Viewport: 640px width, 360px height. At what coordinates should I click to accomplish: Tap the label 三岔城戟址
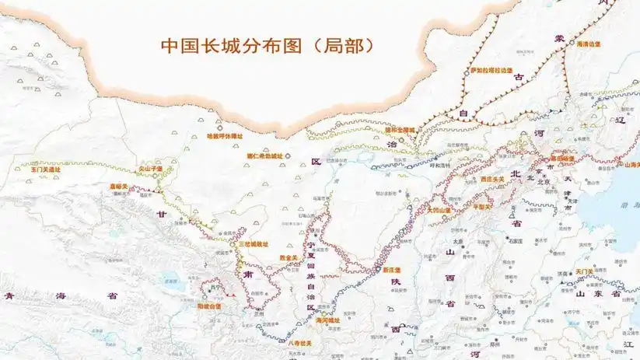point(254,243)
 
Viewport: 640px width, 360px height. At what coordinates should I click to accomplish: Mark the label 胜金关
point(289,258)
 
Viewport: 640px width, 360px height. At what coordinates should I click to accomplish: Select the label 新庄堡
point(391,270)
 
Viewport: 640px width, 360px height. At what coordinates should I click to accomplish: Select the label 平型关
point(484,207)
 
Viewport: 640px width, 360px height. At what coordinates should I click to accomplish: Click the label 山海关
point(630,164)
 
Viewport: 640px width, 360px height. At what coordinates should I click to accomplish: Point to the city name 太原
point(457,242)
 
